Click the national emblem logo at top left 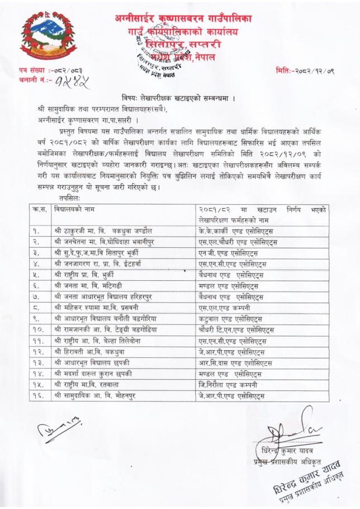click(40, 40)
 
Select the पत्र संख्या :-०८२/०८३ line click(45, 72)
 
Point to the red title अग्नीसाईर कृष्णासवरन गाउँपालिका click(183, 20)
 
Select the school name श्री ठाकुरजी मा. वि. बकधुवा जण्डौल click(101, 230)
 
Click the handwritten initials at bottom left click(51, 430)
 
